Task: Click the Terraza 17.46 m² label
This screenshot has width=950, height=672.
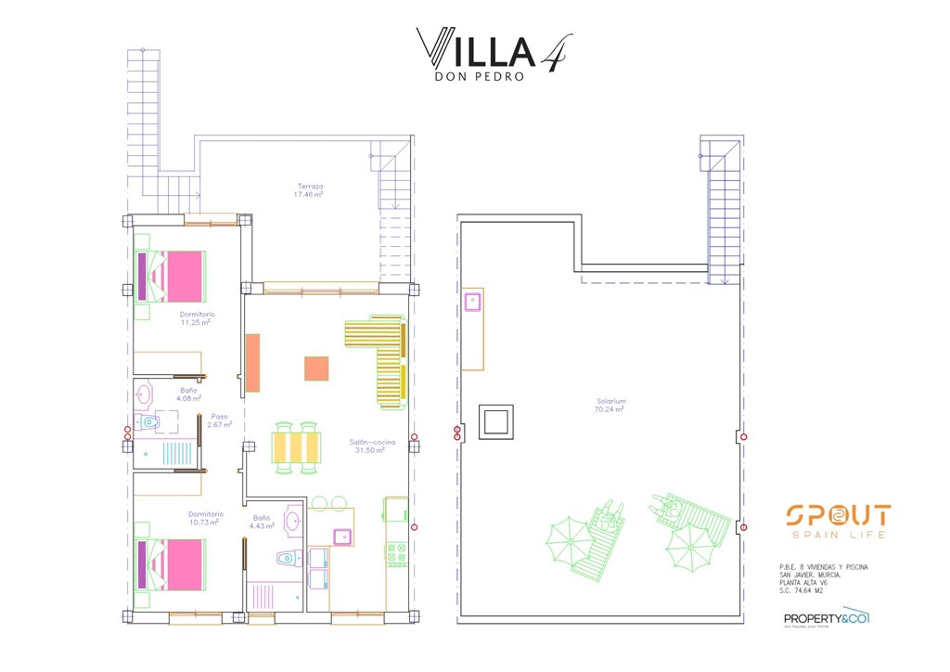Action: [308, 190]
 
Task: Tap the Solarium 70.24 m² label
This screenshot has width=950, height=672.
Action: [610, 405]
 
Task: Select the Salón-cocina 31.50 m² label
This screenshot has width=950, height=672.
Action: [372, 446]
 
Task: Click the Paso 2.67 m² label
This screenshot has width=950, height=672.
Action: [219, 420]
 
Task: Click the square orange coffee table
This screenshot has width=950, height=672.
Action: [316, 368]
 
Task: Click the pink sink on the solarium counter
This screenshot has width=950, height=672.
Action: [472, 300]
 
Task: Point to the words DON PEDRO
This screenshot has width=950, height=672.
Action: [479, 77]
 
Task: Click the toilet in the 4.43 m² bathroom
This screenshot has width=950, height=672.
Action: [287, 559]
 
